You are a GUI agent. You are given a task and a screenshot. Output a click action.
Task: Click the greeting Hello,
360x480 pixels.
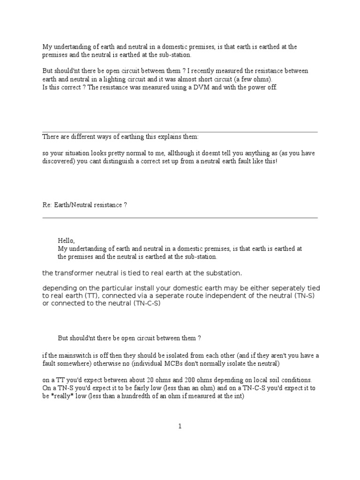pyautogui.click(x=66, y=240)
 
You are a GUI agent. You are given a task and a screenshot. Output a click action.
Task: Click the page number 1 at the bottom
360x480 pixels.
pyautogui.click(x=180, y=426)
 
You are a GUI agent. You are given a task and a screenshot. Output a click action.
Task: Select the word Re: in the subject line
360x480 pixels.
pyautogui.click(x=47, y=205)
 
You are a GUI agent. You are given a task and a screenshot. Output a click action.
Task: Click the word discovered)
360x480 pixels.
pyautogui.click(x=59, y=161)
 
